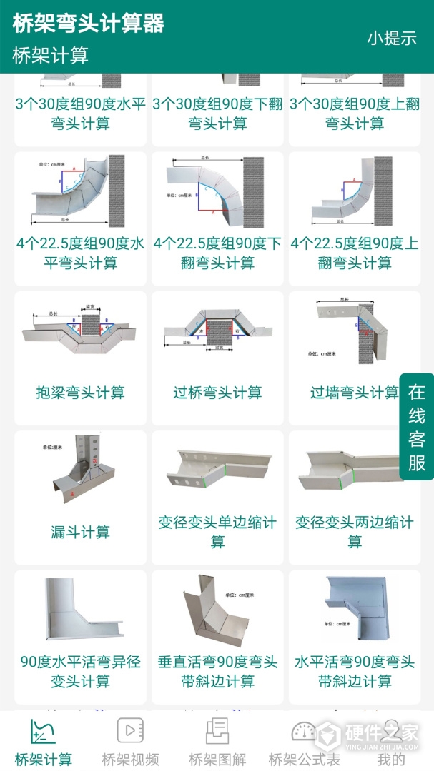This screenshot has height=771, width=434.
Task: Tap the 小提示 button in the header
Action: click(392, 39)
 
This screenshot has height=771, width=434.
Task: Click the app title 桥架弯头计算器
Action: click(89, 24)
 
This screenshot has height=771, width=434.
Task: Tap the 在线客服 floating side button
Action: click(417, 427)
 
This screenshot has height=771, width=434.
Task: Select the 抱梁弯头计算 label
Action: click(81, 393)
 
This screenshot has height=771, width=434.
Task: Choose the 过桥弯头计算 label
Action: click(217, 393)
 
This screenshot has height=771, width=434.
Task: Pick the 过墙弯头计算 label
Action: click(355, 393)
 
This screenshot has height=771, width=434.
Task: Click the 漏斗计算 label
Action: click(81, 532)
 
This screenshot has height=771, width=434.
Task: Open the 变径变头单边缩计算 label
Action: click(217, 532)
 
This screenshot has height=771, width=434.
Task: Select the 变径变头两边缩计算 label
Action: click(355, 532)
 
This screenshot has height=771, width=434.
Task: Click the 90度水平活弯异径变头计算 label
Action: click(81, 671)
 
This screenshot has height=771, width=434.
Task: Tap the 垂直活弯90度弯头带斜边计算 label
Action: click(217, 671)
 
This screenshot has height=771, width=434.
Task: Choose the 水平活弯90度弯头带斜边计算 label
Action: click(355, 671)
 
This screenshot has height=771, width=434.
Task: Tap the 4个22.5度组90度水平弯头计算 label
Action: click(81, 253)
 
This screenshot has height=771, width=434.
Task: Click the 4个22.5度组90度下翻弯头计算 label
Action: click(217, 253)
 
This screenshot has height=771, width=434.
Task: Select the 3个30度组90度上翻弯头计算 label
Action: click(355, 114)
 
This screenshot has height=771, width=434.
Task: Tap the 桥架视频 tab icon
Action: click(130, 730)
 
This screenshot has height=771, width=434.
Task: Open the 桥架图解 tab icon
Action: click(217, 730)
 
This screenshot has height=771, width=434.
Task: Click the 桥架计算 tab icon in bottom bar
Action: click(43, 730)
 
